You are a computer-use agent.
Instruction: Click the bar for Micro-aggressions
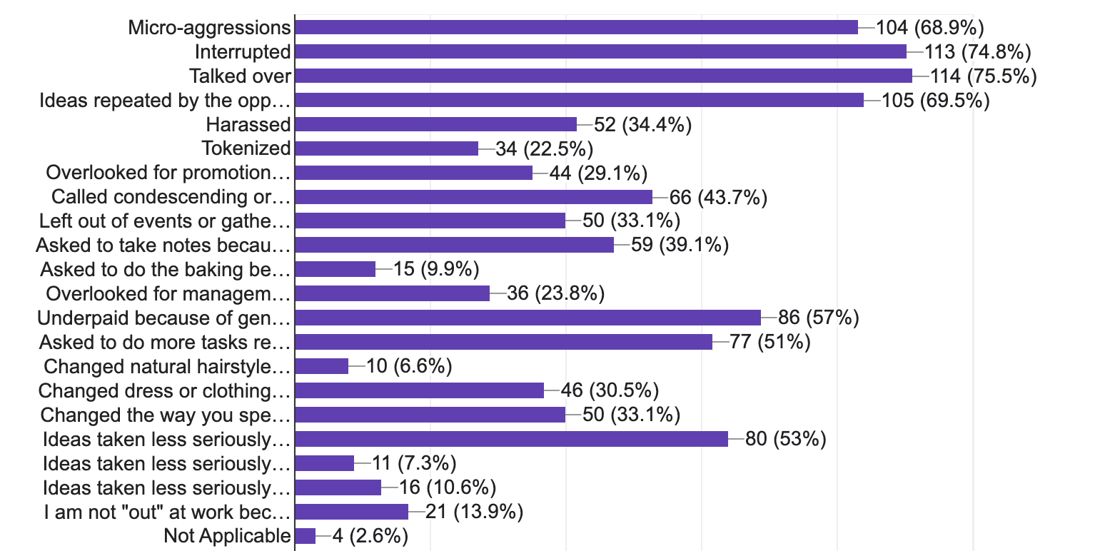click(x=575, y=27)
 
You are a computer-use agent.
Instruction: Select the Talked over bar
click(x=603, y=76)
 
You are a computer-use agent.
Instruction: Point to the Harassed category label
click(x=248, y=124)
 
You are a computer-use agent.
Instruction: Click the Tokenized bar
click(x=386, y=148)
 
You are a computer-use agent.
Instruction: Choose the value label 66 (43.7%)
click(x=718, y=197)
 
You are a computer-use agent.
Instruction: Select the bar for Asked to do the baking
click(x=335, y=270)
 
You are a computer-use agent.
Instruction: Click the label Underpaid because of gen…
click(x=164, y=318)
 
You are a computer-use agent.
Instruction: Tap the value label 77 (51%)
click(x=770, y=343)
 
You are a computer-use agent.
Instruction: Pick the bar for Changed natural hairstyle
click(x=321, y=367)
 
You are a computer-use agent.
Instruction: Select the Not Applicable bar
click(x=305, y=536)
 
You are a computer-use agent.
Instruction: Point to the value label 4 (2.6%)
click(x=370, y=536)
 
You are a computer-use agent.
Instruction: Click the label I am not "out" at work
click(x=166, y=512)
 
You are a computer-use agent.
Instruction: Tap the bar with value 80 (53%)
click(x=511, y=439)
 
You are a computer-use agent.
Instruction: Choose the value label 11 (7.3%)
click(x=414, y=463)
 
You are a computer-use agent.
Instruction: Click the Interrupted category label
click(x=243, y=51)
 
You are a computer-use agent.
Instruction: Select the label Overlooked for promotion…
click(x=168, y=173)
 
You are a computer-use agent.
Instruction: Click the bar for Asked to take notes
click(x=454, y=246)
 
